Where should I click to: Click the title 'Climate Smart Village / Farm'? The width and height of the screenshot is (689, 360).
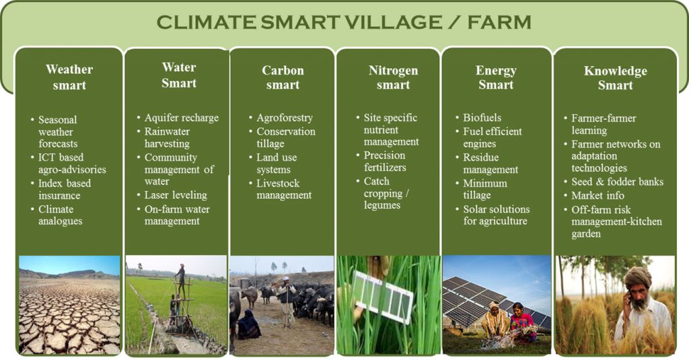pyautogui.click(x=344, y=22)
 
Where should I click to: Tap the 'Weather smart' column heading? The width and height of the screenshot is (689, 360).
pyautogui.click(x=69, y=77)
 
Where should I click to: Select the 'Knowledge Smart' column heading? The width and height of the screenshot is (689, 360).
pyautogui.click(x=615, y=78)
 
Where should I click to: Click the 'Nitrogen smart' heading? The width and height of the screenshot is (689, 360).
pyautogui.click(x=393, y=77)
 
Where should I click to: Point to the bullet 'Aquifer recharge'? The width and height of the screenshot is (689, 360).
pyautogui.click(x=182, y=118)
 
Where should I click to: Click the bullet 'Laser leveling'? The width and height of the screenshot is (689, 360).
pyautogui.click(x=176, y=194)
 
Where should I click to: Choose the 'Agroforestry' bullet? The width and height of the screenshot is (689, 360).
pyautogui.click(x=285, y=118)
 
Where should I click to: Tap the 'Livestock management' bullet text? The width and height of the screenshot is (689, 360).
pyautogui.click(x=284, y=189)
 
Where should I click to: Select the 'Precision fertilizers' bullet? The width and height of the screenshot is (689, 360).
pyautogui.click(x=385, y=161)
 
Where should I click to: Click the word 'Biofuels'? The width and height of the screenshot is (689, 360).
pyautogui.click(x=482, y=118)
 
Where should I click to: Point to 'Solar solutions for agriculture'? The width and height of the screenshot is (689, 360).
pyautogui.click(x=496, y=215)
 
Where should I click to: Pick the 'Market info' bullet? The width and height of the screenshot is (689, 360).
pyautogui.click(x=597, y=195)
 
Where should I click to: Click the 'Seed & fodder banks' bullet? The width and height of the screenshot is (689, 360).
pyautogui.click(x=618, y=182)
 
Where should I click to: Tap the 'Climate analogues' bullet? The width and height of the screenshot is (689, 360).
pyautogui.click(x=60, y=215)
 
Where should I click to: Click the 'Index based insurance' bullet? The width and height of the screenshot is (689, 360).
pyautogui.click(x=65, y=189)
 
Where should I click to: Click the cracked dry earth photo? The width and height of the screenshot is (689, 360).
pyautogui.click(x=69, y=305)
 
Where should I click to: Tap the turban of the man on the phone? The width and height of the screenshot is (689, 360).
pyautogui.click(x=637, y=277)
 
